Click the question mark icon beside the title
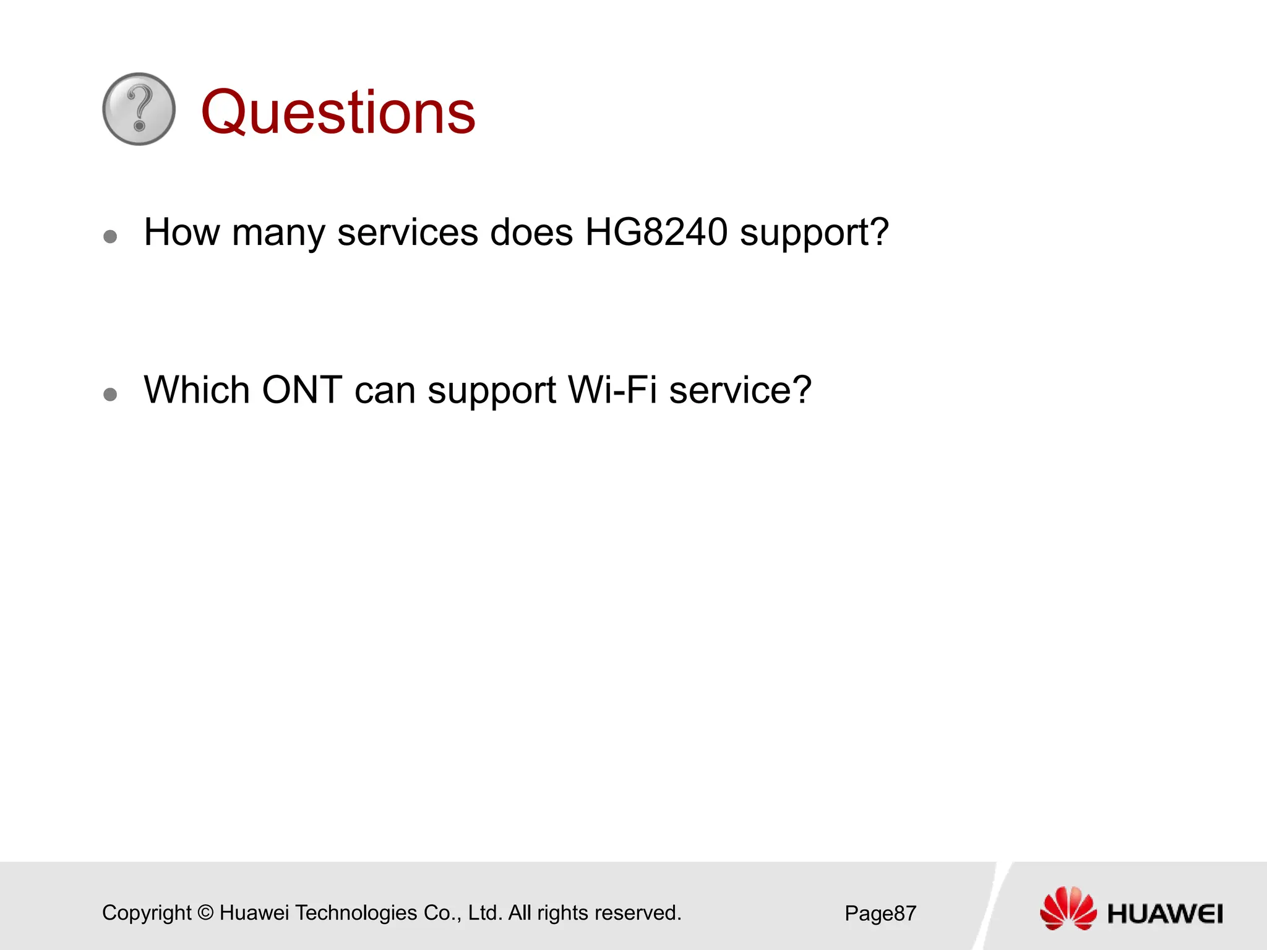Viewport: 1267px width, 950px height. [139, 109]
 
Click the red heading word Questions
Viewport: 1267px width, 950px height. [338, 113]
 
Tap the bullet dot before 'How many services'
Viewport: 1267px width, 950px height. [111, 236]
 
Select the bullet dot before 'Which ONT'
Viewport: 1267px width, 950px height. [111, 394]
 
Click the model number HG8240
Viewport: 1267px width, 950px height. [656, 233]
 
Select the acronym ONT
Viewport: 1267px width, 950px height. [302, 390]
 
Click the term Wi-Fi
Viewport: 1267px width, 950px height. [612, 390]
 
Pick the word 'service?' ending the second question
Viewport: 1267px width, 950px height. [740, 390]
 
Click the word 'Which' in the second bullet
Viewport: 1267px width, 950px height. [196, 390]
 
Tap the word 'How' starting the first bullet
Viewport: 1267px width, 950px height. [181, 233]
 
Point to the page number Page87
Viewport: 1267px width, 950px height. [880, 914]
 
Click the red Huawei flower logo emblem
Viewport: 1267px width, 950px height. [1068, 909]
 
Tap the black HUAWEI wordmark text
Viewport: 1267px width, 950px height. [1165, 914]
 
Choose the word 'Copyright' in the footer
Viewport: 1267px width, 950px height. [147, 914]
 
